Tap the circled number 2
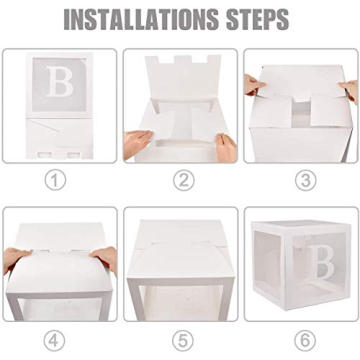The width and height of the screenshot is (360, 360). pyautogui.click(x=180, y=181)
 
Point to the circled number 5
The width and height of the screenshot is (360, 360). pyautogui.click(x=180, y=339)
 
